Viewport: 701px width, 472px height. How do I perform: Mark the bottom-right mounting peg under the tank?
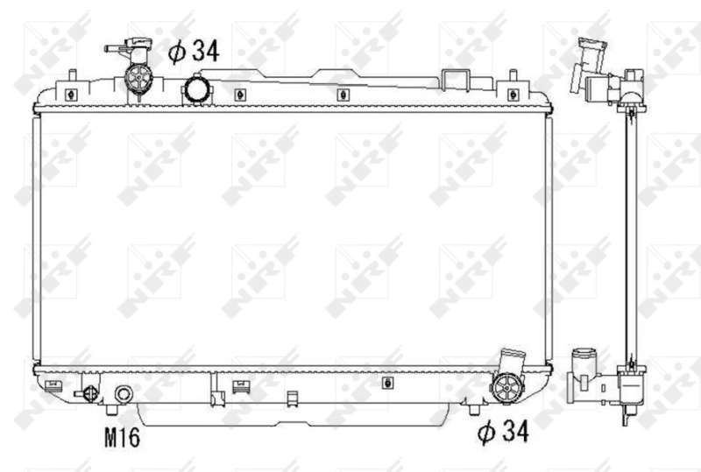(473, 409)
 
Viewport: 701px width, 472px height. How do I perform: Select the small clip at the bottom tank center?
(386, 382)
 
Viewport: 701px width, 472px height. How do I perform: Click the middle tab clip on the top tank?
(340, 95)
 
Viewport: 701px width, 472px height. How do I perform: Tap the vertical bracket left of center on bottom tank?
(215, 389)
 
